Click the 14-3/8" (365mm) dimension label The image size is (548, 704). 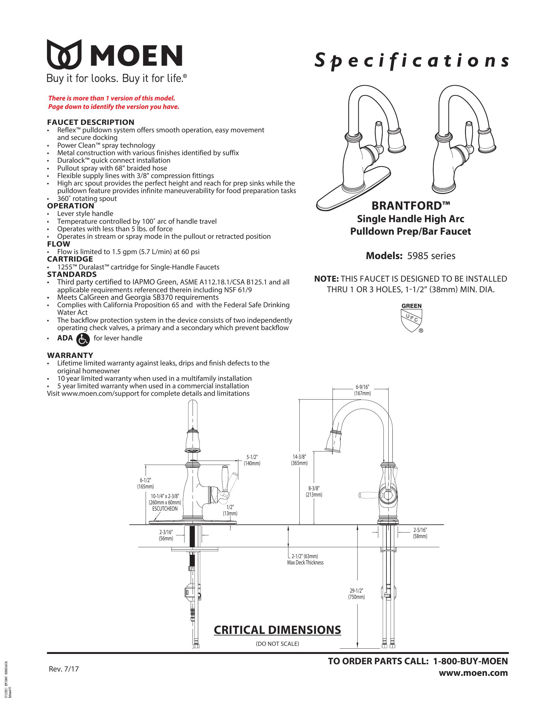pos(299,460)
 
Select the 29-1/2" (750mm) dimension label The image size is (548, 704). pos(356,594)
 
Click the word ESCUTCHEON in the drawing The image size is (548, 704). pos(165,509)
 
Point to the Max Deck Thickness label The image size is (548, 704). pos(305,563)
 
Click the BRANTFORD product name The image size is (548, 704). pos(411,205)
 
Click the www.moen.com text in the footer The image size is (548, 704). pos(473,673)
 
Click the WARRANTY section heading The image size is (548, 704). pos(70,355)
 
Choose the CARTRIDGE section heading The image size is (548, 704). pos(70,259)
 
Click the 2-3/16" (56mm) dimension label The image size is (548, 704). pos(166,536)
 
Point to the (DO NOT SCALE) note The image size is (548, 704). pos(277,644)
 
